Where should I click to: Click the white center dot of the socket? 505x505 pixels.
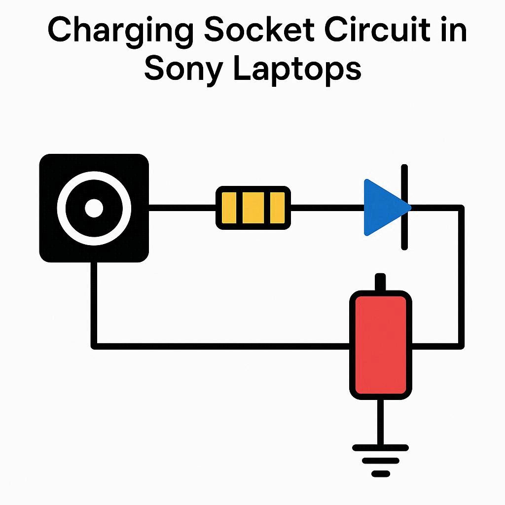coord(94,208)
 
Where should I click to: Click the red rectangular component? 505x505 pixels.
coord(380,345)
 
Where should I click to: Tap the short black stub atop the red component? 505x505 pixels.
coord(380,283)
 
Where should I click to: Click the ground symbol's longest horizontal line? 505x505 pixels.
coord(380,448)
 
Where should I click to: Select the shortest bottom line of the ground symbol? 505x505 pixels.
coord(380,473)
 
